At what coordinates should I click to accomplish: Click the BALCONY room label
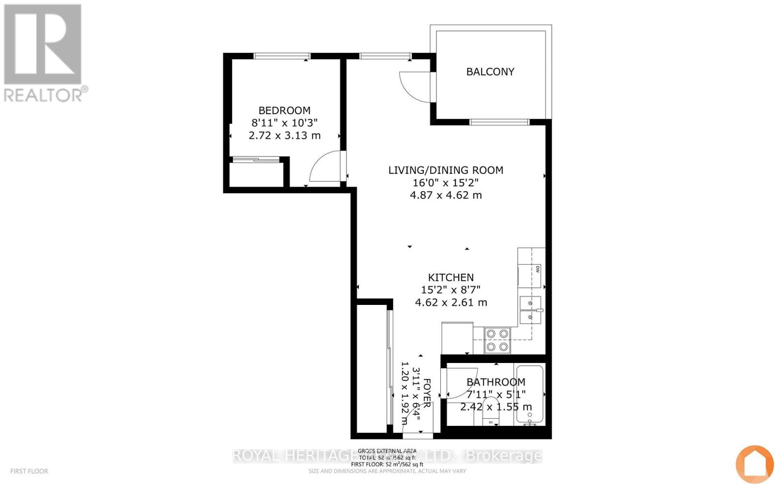[490, 72]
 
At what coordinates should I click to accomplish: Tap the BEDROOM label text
[284, 110]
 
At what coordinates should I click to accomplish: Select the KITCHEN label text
[450, 277]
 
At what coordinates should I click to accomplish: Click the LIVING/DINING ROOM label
[446, 170]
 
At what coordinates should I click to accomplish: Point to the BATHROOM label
[496, 382]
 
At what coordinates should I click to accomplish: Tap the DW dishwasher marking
[537, 270]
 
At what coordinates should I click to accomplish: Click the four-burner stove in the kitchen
[497, 340]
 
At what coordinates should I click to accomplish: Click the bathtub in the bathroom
[530, 394]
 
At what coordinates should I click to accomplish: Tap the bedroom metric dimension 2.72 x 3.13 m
[284, 136]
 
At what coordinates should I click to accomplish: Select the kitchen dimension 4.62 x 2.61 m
[451, 302]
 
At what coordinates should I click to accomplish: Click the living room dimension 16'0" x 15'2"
[446, 182]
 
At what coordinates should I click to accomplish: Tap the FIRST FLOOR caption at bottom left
[29, 471]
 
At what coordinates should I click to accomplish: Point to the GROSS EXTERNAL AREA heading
[387, 451]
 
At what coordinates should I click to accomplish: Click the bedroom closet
[256, 174]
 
